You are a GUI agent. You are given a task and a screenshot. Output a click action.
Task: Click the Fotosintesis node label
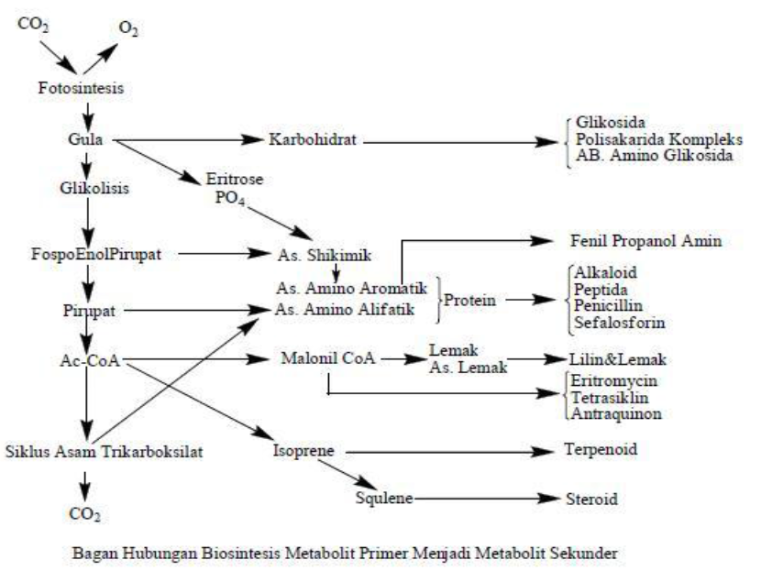tap(81, 89)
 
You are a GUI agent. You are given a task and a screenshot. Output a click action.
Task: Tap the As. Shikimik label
tap(314, 252)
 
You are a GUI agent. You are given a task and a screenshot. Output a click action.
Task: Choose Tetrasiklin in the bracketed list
tap(604, 397)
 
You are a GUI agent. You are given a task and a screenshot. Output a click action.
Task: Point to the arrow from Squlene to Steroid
tap(486, 499)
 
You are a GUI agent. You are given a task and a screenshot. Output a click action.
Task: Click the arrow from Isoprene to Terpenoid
tap(449, 451)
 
